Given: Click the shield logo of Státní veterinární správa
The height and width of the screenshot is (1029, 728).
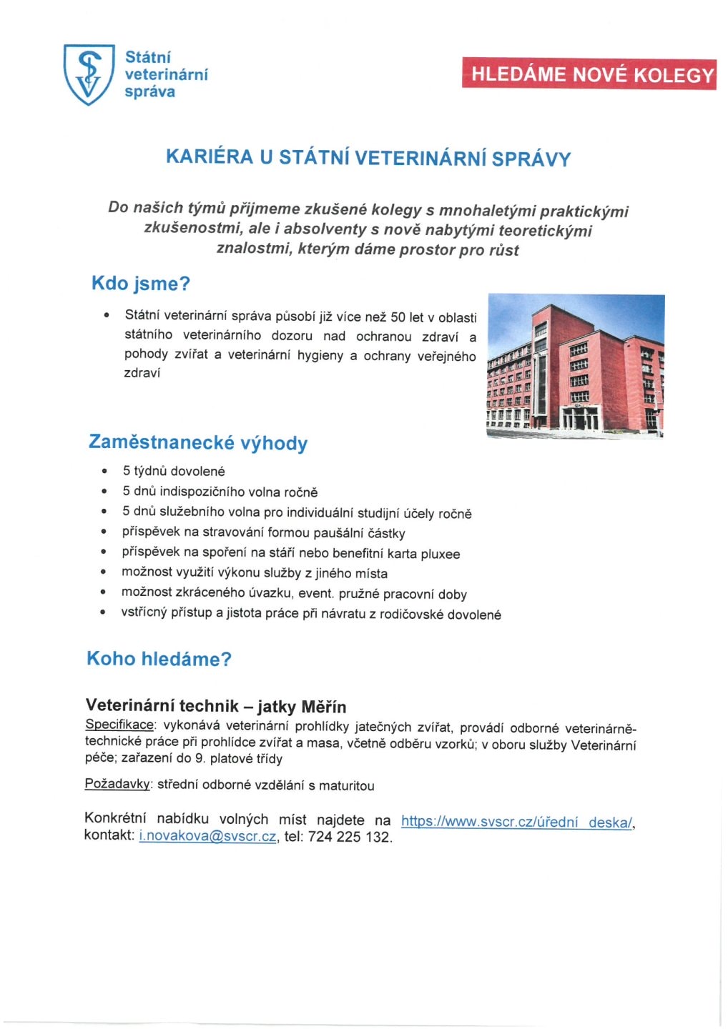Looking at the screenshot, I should [x=89, y=74].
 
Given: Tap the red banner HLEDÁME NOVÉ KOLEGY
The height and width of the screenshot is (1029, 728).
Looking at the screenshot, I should [x=589, y=74].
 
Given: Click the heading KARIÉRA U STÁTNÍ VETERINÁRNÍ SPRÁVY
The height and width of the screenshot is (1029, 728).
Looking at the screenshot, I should [x=368, y=157].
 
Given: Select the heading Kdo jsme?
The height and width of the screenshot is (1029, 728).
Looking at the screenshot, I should [x=141, y=284].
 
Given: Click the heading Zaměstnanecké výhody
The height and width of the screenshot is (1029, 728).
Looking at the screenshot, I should [x=198, y=442].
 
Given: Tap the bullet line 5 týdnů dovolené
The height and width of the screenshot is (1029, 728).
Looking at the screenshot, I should [x=174, y=471].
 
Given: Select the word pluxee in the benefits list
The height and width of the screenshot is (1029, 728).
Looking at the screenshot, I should [x=441, y=554].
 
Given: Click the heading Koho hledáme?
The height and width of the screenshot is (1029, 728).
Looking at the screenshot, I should [x=159, y=659].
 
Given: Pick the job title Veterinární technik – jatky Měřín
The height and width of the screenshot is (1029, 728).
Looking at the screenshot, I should [x=215, y=707].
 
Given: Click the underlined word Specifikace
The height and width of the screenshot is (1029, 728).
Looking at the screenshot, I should [x=119, y=725].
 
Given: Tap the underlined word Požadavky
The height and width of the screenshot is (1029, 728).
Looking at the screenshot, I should [x=117, y=785].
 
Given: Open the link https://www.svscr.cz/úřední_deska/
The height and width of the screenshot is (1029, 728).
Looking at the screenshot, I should [x=517, y=822].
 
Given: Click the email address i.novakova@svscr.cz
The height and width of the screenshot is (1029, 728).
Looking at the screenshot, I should [x=207, y=837].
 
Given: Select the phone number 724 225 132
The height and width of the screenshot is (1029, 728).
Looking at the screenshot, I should [x=350, y=837].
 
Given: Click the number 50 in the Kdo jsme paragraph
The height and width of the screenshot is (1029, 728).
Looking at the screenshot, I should [x=398, y=317].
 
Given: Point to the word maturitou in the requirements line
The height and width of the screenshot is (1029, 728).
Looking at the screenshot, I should [x=347, y=785].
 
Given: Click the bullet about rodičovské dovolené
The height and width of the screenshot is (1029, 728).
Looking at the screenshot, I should [x=311, y=614].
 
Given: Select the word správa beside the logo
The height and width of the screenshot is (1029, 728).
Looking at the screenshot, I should [x=149, y=91].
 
